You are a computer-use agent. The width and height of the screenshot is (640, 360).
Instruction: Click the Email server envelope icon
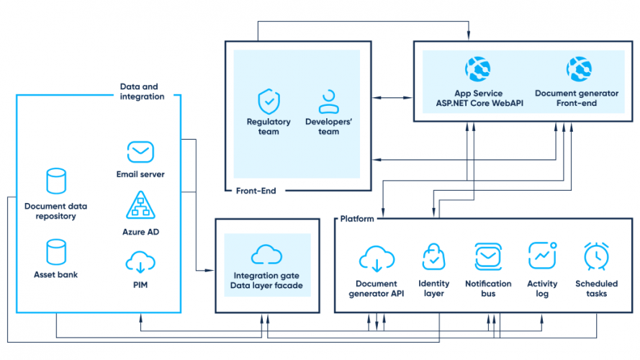click(x=140, y=152)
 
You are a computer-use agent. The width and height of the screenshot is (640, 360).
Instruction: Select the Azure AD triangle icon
click(x=140, y=205)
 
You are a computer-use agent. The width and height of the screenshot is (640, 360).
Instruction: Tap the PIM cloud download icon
click(x=140, y=263)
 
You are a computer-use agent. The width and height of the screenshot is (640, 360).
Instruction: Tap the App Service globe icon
click(x=478, y=69)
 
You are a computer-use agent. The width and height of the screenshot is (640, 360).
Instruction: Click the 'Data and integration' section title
click(x=141, y=91)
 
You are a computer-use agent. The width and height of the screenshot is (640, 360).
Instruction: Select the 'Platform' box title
click(x=356, y=219)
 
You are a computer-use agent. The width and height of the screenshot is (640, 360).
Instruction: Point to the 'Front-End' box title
click(x=256, y=191)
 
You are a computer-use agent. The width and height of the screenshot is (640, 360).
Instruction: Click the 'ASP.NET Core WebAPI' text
click(x=478, y=103)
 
